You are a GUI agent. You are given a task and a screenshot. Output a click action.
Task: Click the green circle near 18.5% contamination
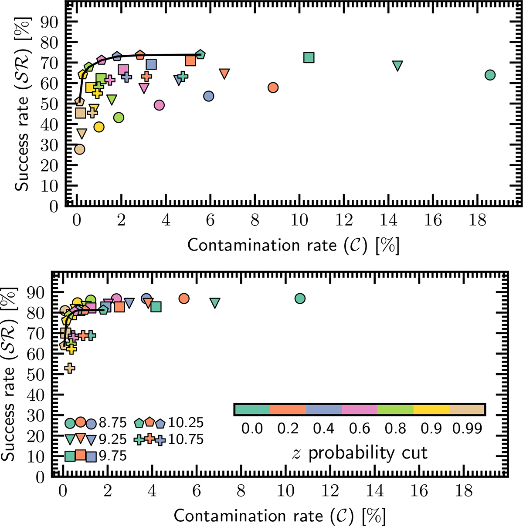pos(490,75)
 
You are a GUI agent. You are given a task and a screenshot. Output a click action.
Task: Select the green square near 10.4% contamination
pos(309,58)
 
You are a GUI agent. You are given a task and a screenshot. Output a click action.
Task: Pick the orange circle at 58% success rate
pos(273,87)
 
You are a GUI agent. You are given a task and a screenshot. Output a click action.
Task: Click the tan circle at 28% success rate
pos(79,149)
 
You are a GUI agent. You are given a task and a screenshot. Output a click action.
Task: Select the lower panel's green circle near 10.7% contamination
pos(299,298)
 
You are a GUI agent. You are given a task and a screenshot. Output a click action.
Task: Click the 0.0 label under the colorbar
pos(252,429)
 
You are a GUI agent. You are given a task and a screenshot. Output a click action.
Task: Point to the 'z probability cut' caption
pos(359,453)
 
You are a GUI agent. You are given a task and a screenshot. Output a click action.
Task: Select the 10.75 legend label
pos(186,439)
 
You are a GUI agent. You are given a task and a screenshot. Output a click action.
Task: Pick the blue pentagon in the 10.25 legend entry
pos(160,423)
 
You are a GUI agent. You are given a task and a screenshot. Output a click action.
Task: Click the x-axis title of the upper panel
pos(293,245)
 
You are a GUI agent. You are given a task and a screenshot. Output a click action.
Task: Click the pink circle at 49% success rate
pos(159,105)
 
